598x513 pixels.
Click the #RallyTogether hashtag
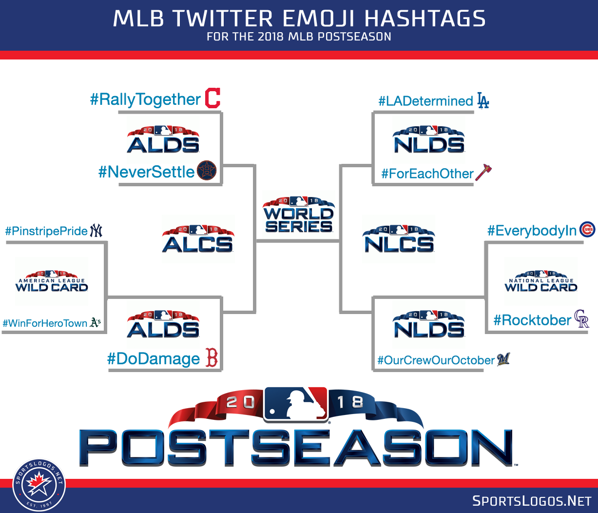click(145, 100)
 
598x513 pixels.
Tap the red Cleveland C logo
click(213, 98)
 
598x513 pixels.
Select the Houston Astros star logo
click(207, 171)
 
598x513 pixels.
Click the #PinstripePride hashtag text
click(46, 231)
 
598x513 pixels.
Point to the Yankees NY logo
click(96, 231)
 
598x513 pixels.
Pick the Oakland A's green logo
click(96, 322)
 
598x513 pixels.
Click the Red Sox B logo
click(212, 358)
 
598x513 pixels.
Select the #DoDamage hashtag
click(154, 359)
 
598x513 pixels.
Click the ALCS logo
click(198, 239)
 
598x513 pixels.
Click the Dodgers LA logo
click(482, 100)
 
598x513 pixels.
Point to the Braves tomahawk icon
click(483, 172)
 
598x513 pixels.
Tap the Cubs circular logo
click(587, 230)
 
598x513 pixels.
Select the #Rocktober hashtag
click(532, 320)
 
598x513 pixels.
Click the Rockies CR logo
click(581, 319)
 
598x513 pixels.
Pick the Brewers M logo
click(503, 359)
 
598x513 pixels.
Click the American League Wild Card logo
click(52, 282)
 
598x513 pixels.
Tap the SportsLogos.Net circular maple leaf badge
click(39, 485)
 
